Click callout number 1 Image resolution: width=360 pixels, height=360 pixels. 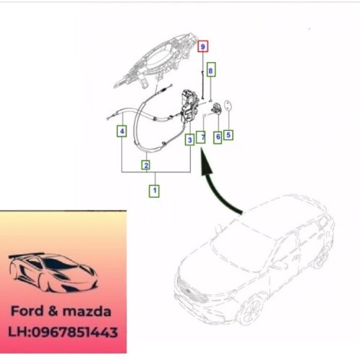click(153, 192)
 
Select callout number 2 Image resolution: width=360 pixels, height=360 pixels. click(146, 166)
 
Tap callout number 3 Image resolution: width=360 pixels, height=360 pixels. click(189, 140)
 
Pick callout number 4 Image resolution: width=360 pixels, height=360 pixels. click(122, 132)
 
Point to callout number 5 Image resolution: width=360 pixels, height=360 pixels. click(228, 134)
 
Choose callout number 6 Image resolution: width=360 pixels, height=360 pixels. click(217, 134)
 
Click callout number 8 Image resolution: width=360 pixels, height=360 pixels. click(210, 70)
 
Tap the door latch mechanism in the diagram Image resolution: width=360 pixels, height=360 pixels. click(190, 107)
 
